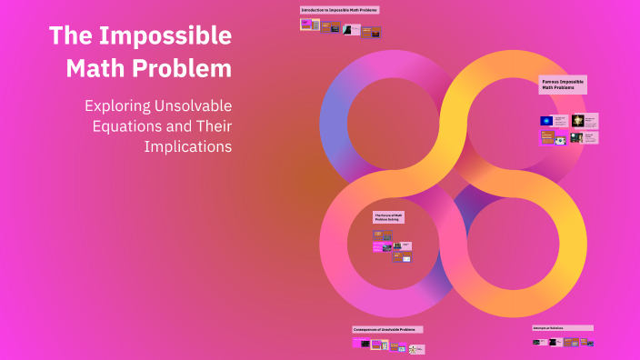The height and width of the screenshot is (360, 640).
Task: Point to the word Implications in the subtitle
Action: click(195, 145)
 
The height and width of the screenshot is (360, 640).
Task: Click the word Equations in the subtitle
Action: click(127, 125)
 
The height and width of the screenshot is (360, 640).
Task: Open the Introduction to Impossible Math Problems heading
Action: click(339, 9)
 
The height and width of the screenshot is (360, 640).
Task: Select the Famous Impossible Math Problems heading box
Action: click(563, 85)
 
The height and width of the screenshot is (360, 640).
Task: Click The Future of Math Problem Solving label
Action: click(389, 217)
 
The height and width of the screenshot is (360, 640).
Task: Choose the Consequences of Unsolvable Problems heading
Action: click(387, 329)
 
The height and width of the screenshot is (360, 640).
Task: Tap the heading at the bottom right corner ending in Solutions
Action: click(562, 327)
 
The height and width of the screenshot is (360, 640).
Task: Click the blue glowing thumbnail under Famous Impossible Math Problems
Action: click(546, 120)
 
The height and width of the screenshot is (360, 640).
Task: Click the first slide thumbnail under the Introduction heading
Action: click(309, 25)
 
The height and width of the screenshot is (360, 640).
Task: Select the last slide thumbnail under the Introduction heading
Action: click(371, 33)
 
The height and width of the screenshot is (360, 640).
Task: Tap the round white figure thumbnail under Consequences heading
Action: click(415, 348)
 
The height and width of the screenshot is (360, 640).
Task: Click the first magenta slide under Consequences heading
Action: click(361, 344)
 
